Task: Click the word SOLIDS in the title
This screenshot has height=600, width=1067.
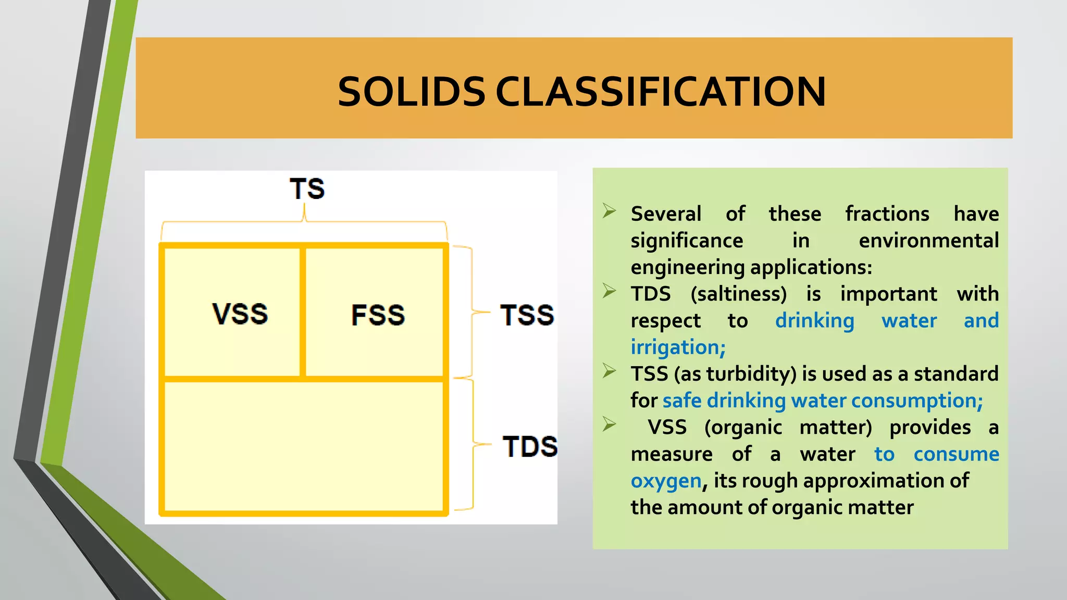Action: [x=411, y=92]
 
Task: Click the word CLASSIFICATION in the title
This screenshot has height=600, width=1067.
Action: [x=660, y=92]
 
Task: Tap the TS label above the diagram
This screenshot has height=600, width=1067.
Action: [x=307, y=189]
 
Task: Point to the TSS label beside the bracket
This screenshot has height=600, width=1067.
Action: [x=527, y=315]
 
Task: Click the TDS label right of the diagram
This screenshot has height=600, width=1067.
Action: [x=530, y=447]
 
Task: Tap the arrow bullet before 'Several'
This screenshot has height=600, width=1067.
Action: [x=609, y=211]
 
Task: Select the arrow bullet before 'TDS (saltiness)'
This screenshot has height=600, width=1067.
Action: [x=609, y=291]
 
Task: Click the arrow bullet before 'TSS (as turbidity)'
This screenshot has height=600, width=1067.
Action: [x=609, y=371]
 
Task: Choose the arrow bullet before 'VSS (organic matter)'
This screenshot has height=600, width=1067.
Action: [x=609, y=424]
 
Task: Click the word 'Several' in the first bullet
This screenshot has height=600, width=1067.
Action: [x=666, y=214]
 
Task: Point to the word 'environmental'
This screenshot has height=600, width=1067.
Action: [x=928, y=241]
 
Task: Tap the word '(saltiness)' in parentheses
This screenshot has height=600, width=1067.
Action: [x=738, y=294]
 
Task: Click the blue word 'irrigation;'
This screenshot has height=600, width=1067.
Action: [x=678, y=347]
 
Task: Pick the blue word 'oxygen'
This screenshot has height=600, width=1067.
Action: [x=666, y=481]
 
